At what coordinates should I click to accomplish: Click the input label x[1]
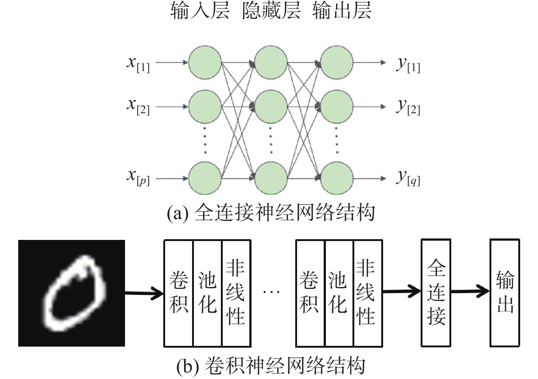pyautogui.click(x=138, y=65)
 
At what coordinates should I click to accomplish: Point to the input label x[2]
pyautogui.click(x=138, y=107)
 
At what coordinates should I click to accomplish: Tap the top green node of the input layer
pyautogui.click(x=205, y=62)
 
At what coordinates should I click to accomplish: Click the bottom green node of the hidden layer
pyautogui.click(x=271, y=178)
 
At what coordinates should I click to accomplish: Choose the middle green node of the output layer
pyautogui.click(x=337, y=107)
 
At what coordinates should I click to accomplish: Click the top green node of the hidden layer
pyautogui.click(x=271, y=62)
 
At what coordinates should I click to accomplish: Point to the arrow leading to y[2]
pyautogui.click(x=370, y=107)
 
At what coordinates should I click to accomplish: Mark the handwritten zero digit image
pyautogui.click(x=71, y=293)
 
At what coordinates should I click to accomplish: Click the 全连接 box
pyautogui.click(x=436, y=293)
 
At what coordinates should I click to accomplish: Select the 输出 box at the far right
pyautogui.click(x=504, y=293)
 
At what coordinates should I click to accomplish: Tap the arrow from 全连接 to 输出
pyautogui.click(x=470, y=292)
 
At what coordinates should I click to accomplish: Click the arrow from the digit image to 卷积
pyautogui.click(x=144, y=293)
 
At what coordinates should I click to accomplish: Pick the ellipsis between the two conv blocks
pyautogui.click(x=272, y=292)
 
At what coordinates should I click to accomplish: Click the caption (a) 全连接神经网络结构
pyautogui.click(x=271, y=213)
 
